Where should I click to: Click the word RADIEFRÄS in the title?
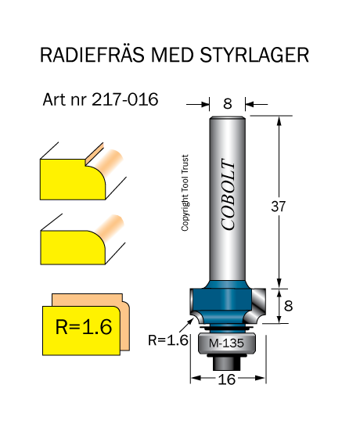[92, 54]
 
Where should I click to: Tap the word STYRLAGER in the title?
[254, 55]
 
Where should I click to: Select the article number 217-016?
[124, 99]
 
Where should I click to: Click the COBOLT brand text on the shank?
[229, 194]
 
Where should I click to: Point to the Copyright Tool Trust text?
[185, 192]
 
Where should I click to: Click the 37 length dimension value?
[278, 207]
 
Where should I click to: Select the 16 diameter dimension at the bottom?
[226, 379]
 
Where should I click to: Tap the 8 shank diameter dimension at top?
[227, 104]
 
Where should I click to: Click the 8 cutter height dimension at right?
[288, 306]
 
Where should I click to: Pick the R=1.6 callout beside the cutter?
[168, 340]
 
